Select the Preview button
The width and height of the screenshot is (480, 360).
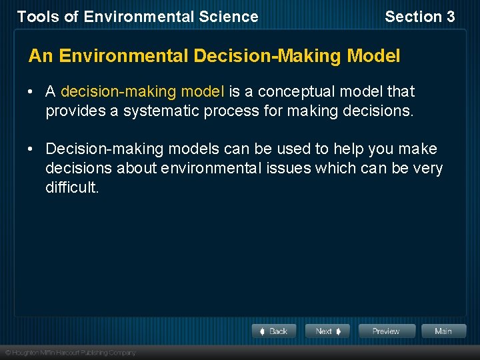pyautogui.click(x=387, y=331)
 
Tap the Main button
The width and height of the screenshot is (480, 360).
pyautogui.click(x=443, y=331)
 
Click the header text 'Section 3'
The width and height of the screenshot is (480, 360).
pyautogui.click(x=419, y=17)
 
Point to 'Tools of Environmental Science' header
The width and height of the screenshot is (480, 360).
pyautogui.click(x=137, y=17)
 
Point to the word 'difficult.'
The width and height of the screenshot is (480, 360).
pyautogui.click(x=72, y=187)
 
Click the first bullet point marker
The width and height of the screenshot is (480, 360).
pyautogui.click(x=32, y=91)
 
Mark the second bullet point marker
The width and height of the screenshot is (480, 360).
pyautogui.click(x=32, y=149)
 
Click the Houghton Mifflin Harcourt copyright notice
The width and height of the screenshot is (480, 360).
pyautogui.click(x=70, y=352)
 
